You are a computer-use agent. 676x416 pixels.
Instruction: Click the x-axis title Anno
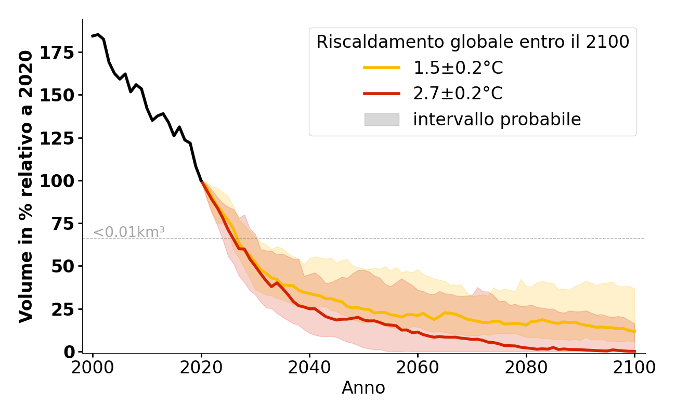(363, 388)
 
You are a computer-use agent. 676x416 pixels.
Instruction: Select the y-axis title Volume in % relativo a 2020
(27, 186)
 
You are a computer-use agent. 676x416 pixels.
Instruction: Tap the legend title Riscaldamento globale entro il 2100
(473, 42)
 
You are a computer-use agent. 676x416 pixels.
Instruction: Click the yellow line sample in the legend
(381, 68)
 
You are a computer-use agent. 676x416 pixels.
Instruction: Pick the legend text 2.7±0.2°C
(458, 94)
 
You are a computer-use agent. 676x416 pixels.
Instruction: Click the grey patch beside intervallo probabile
(381, 120)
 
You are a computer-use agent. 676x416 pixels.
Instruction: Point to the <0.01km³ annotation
(129, 232)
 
